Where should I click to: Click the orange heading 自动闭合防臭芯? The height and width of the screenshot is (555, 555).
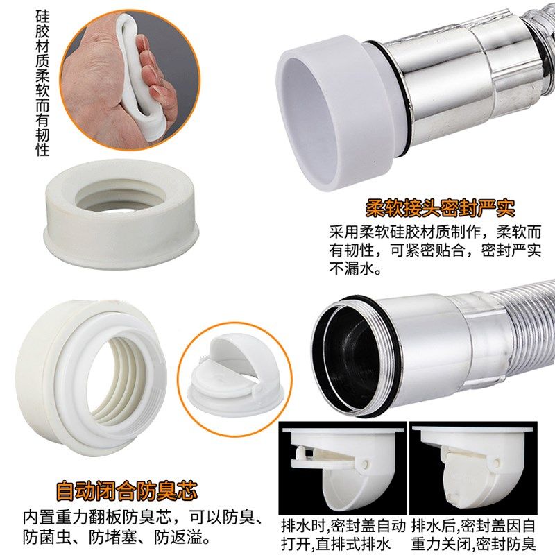127,492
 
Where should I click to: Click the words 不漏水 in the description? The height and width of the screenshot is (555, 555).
355,268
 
